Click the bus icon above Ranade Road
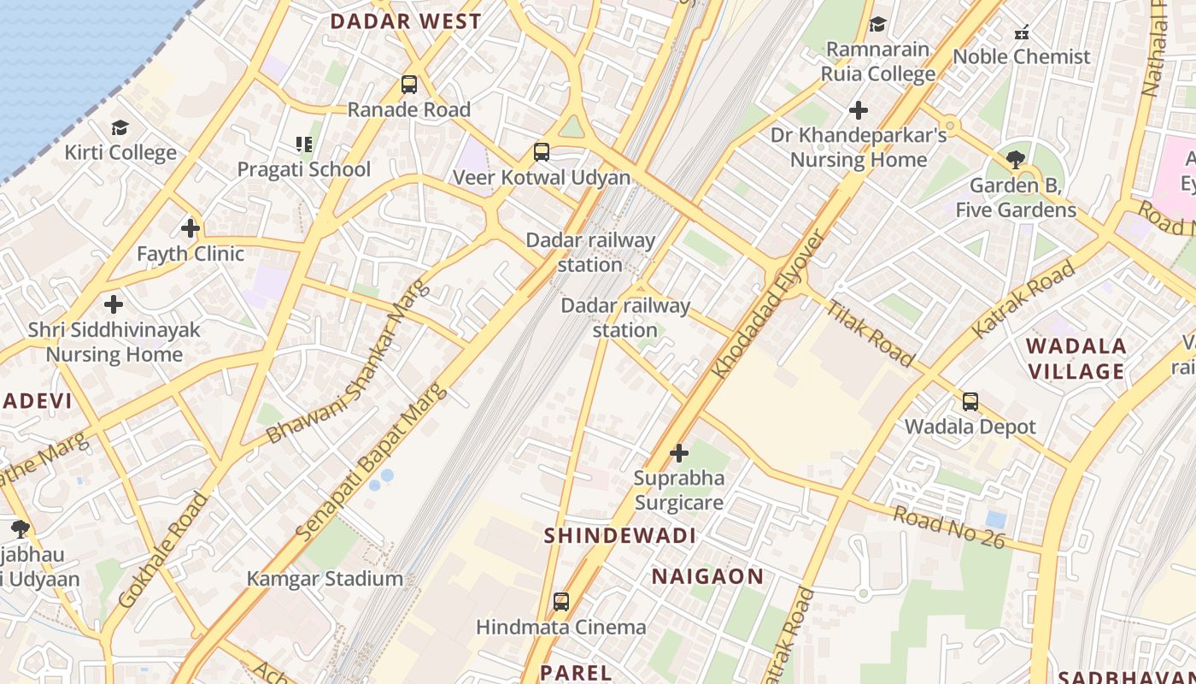pos(409,85)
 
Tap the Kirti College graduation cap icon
pos(120,128)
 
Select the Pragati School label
pos(304,169)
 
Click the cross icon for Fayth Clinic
pos(191,228)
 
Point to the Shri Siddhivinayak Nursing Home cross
pos(114,304)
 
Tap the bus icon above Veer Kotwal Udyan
pos(542,152)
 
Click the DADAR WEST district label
pos(406,22)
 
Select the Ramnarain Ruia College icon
pos(877,24)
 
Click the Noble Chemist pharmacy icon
pos(1021,32)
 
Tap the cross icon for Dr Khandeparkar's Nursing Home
pos(859,110)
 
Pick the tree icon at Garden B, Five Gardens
pos(1016,159)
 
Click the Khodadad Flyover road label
pos(770,304)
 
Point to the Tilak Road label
pos(871,334)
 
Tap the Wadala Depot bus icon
pos(970,401)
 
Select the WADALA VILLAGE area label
pos(1076,359)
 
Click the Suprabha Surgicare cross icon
pos(679,452)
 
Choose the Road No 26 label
pos(948,526)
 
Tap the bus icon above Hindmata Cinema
pos(561,602)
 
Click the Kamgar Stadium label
pos(325,579)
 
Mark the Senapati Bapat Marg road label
pos(372,462)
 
